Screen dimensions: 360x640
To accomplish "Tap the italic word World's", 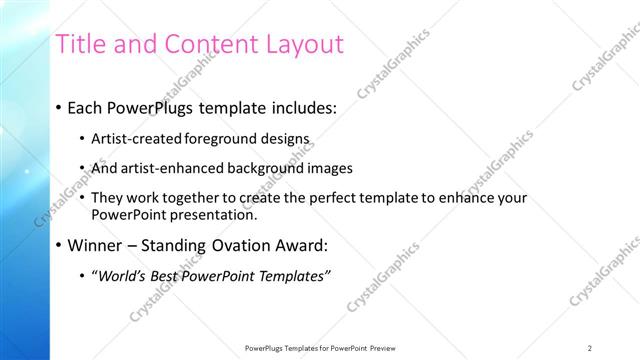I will click(119, 276).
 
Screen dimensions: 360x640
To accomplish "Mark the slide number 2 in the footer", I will click(589, 348).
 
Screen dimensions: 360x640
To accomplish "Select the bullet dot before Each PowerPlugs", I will click(59, 107).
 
